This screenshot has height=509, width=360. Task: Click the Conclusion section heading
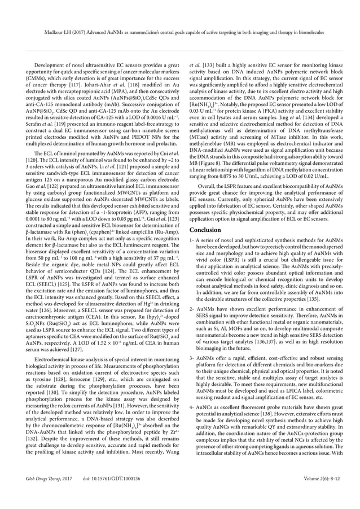205,230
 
